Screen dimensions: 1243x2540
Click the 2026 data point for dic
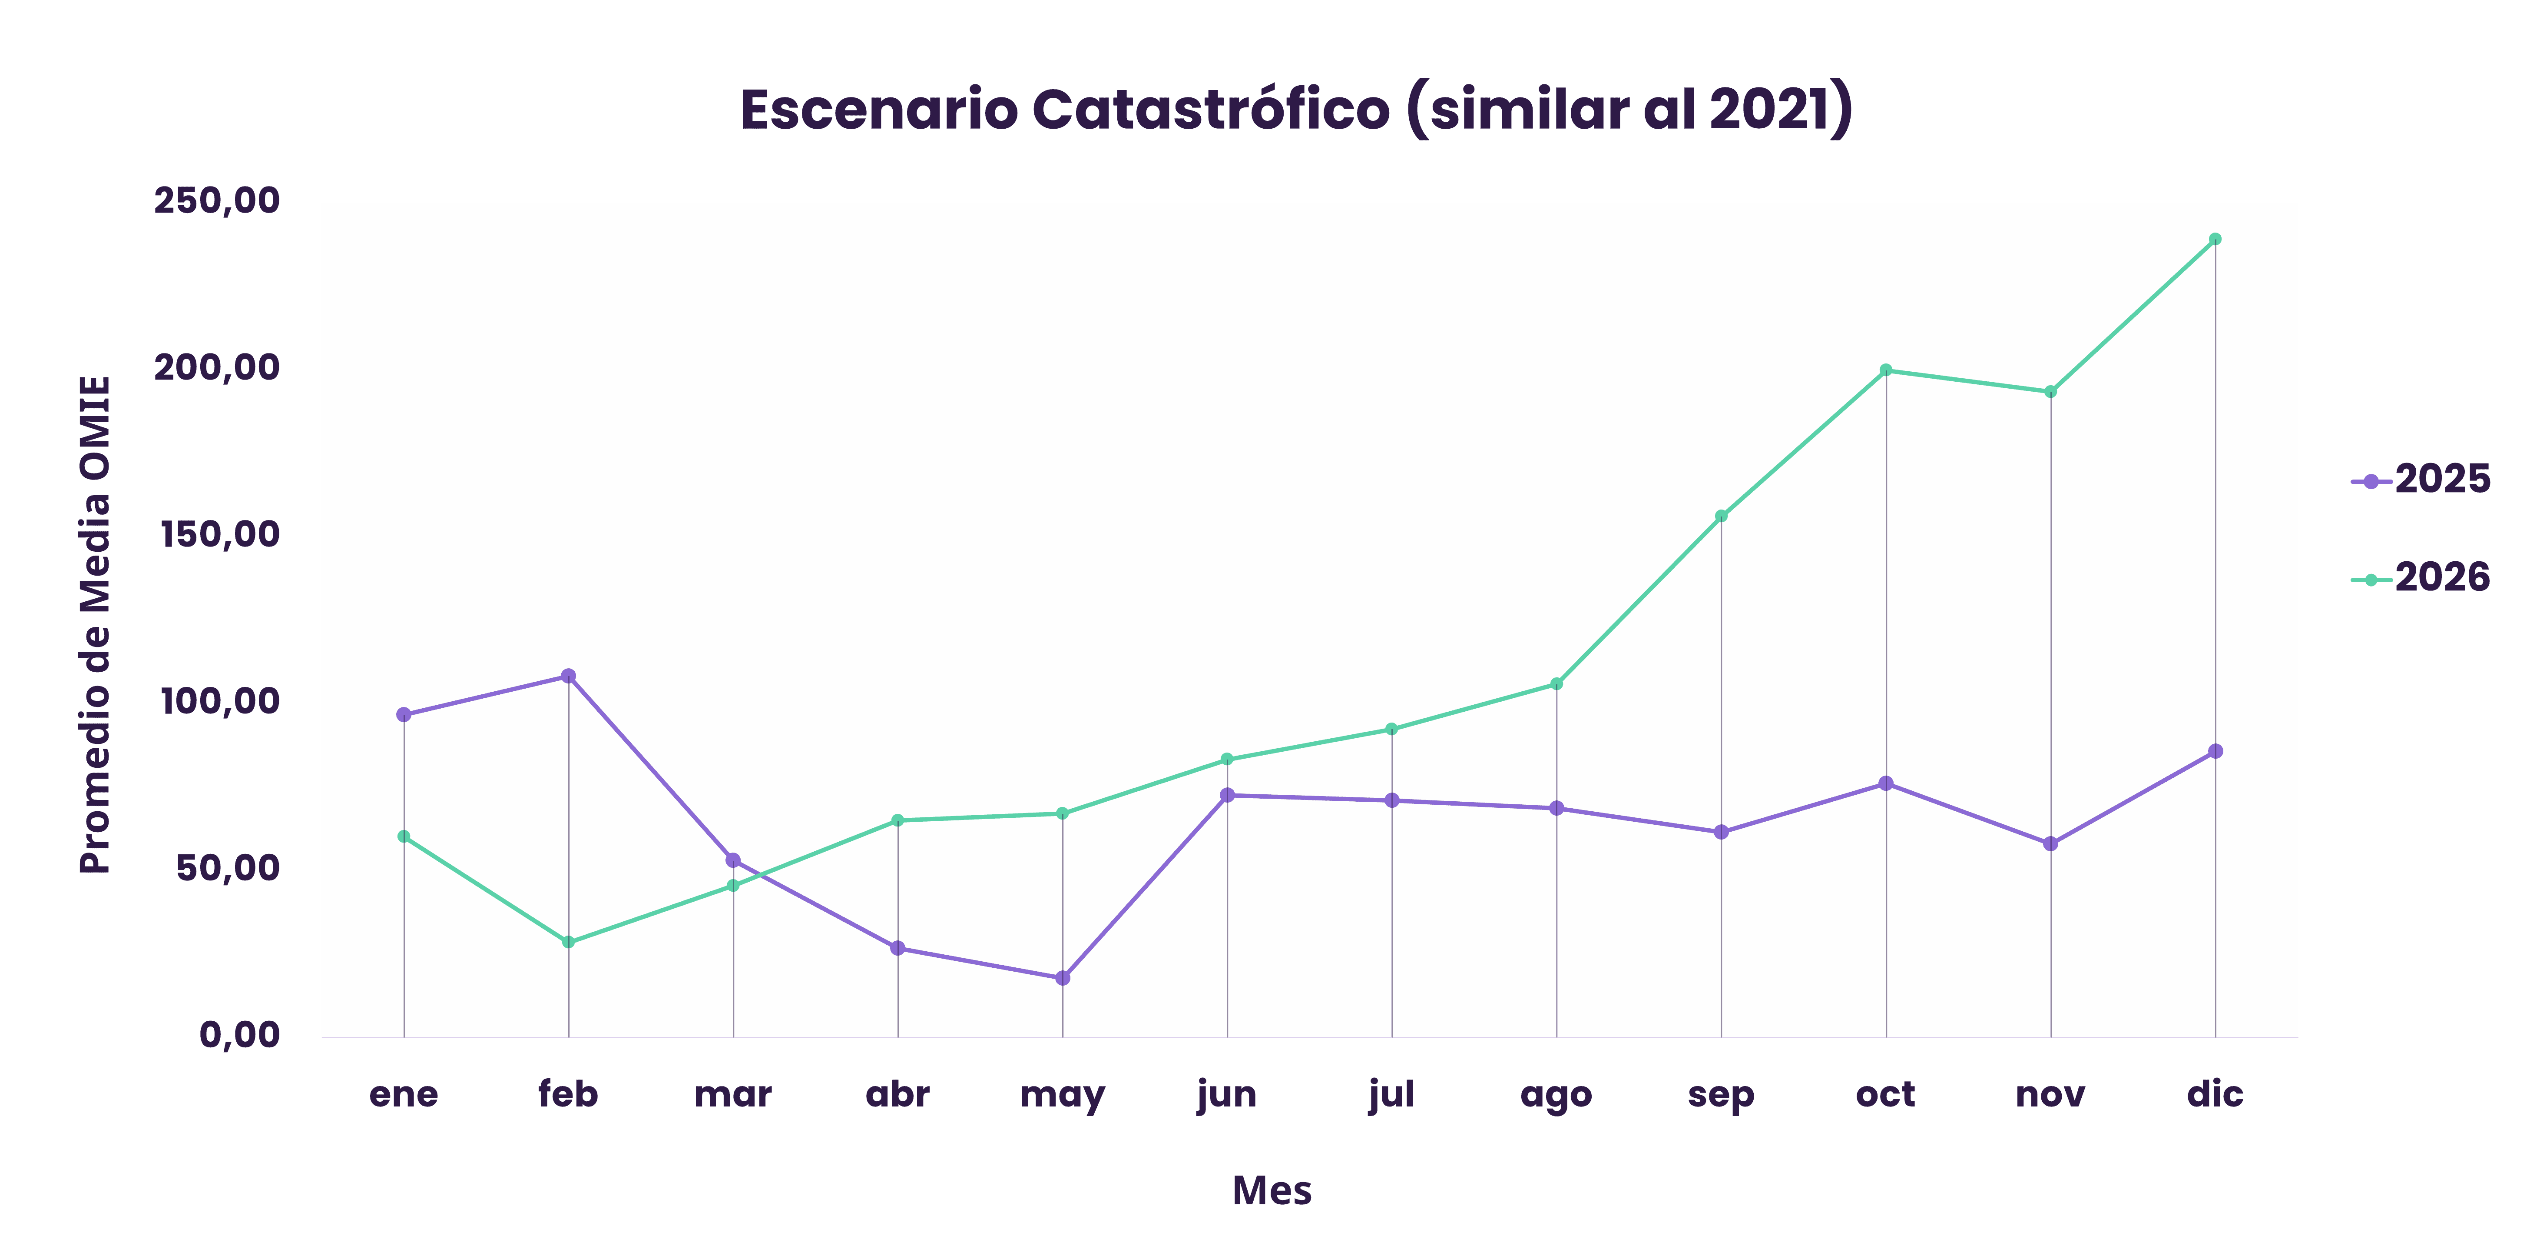pos(2215,239)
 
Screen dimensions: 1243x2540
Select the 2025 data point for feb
pos(568,676)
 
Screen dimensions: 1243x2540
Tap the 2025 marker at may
pos(1062,978)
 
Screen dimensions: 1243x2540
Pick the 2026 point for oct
pos(1885,370)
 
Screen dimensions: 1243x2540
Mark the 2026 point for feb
pos(568,942)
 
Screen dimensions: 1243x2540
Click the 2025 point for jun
pos(1227,795)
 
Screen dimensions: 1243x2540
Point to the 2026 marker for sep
pos(1721,515)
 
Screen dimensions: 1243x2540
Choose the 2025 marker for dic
pos(2215,751)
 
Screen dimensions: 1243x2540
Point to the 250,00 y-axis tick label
pos(217,200)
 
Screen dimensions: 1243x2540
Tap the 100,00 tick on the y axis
pos(219,701)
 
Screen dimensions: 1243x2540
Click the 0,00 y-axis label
pos(240,1035)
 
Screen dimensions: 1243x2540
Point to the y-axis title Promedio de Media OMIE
pos(96,624)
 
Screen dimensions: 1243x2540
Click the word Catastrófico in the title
pos(1211,110)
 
